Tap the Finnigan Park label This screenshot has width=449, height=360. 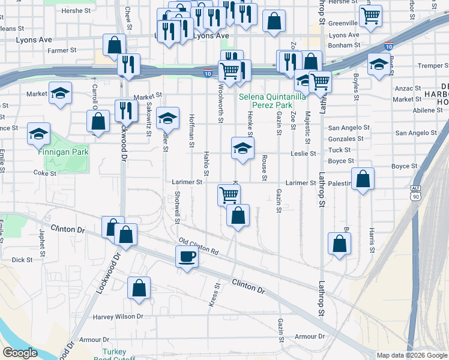point(63,152)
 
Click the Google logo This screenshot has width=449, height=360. point(20,353)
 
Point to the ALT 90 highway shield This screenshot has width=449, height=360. point(415,192)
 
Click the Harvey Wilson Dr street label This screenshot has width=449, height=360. point(118,316)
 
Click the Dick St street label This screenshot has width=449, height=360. point(22,260)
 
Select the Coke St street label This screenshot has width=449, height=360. point(44,173)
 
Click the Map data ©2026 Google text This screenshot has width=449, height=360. point(411,355)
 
